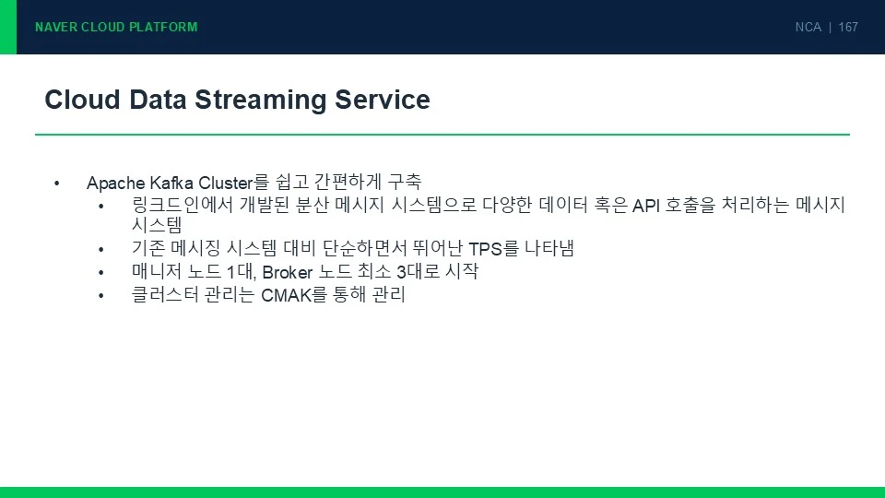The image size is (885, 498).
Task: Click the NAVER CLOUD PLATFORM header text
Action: click(116, 27)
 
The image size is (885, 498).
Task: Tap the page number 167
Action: click(848, 27)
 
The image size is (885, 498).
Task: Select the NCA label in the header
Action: click(808, 27)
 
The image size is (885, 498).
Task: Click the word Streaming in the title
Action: click(261, 101)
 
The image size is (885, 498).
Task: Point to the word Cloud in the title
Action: click(82, 100)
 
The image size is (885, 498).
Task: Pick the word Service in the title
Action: click(383, 100)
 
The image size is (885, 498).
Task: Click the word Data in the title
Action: click(158, 100)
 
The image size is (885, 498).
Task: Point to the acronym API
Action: click(645, 206)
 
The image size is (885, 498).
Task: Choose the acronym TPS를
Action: click(493, 248)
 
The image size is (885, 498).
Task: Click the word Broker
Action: click(288, 272)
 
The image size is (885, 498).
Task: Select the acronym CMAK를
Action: click(294, 295)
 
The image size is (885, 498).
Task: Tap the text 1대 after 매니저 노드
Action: click(241, 272)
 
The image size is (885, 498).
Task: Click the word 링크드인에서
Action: click(183, 205)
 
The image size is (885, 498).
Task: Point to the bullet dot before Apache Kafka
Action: click(57, 183)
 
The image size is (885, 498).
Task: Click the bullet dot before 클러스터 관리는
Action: click(101, 295)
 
